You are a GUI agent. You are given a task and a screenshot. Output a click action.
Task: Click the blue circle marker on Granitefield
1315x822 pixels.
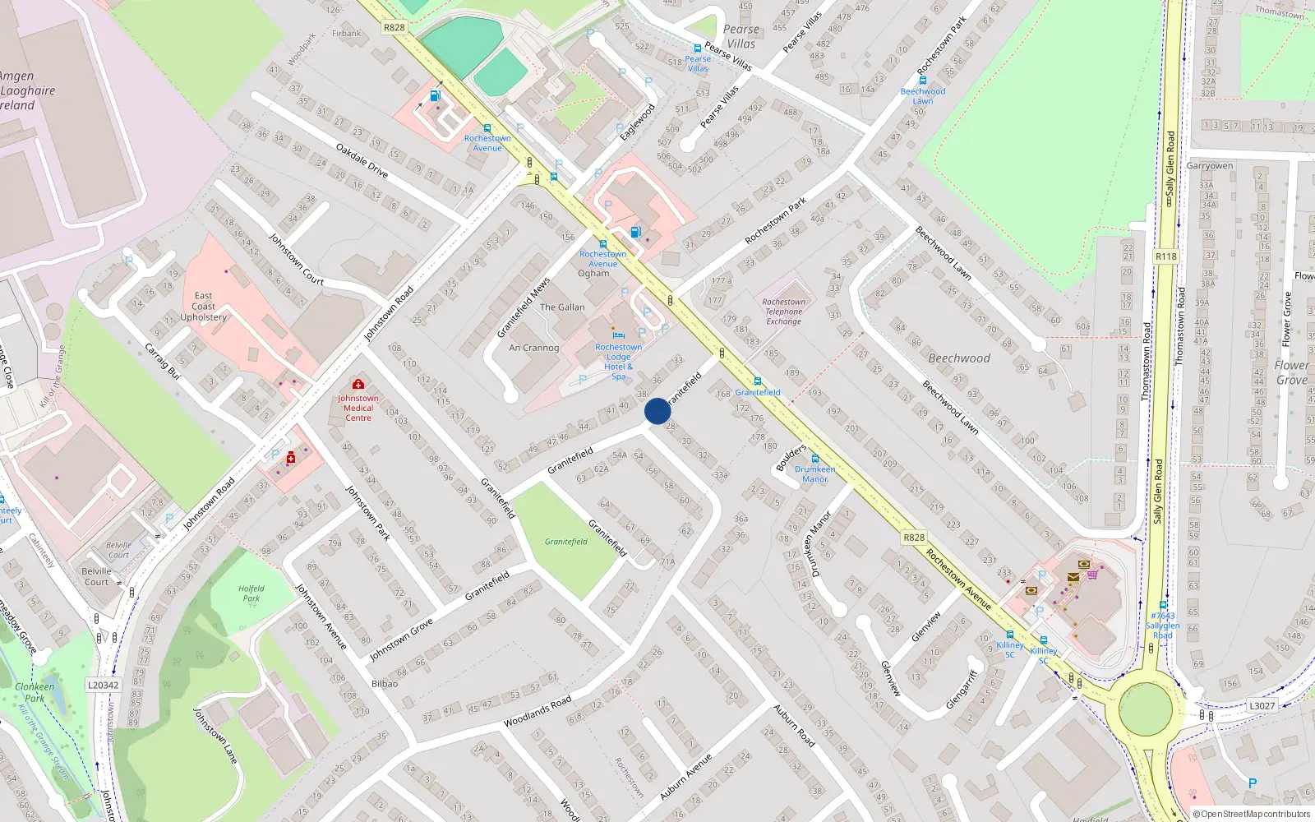coord(657,411)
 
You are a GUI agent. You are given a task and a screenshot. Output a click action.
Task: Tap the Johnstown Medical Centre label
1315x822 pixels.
coord(358,408)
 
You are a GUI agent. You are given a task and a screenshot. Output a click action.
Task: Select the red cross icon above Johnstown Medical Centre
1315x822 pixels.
coord(358,384)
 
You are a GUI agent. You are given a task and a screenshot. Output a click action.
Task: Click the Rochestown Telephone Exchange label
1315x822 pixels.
coord(783,312)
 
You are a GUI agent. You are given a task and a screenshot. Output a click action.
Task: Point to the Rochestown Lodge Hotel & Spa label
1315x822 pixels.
coord(618,362)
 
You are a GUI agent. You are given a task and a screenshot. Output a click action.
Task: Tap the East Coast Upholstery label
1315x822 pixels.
coord(203,306)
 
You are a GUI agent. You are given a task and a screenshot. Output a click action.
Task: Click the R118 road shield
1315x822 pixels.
coord(1165,256)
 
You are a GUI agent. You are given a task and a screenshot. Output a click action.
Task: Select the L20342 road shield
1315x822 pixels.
coord(103,685)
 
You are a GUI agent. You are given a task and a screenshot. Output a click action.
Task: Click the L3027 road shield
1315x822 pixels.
coord(1262,705)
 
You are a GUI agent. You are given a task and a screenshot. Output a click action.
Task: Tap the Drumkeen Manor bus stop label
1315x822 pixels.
coord(814,473)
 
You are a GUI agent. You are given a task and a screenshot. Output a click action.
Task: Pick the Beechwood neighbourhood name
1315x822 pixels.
coord(959,358)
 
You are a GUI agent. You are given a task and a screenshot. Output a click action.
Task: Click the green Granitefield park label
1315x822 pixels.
coord(566,542)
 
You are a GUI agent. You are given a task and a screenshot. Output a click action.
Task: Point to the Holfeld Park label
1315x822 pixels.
coord(251,593)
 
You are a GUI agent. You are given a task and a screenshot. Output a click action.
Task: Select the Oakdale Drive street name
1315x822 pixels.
coord(362,160)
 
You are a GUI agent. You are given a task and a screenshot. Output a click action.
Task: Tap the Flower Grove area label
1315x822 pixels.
coord(1291,372)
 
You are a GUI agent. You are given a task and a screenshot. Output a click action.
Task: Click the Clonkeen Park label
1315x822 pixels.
coord(35,692)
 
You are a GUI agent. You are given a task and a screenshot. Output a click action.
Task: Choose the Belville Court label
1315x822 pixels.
coord(96,576)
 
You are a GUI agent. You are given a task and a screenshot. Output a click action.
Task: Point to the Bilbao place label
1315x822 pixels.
coord(385,684)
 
